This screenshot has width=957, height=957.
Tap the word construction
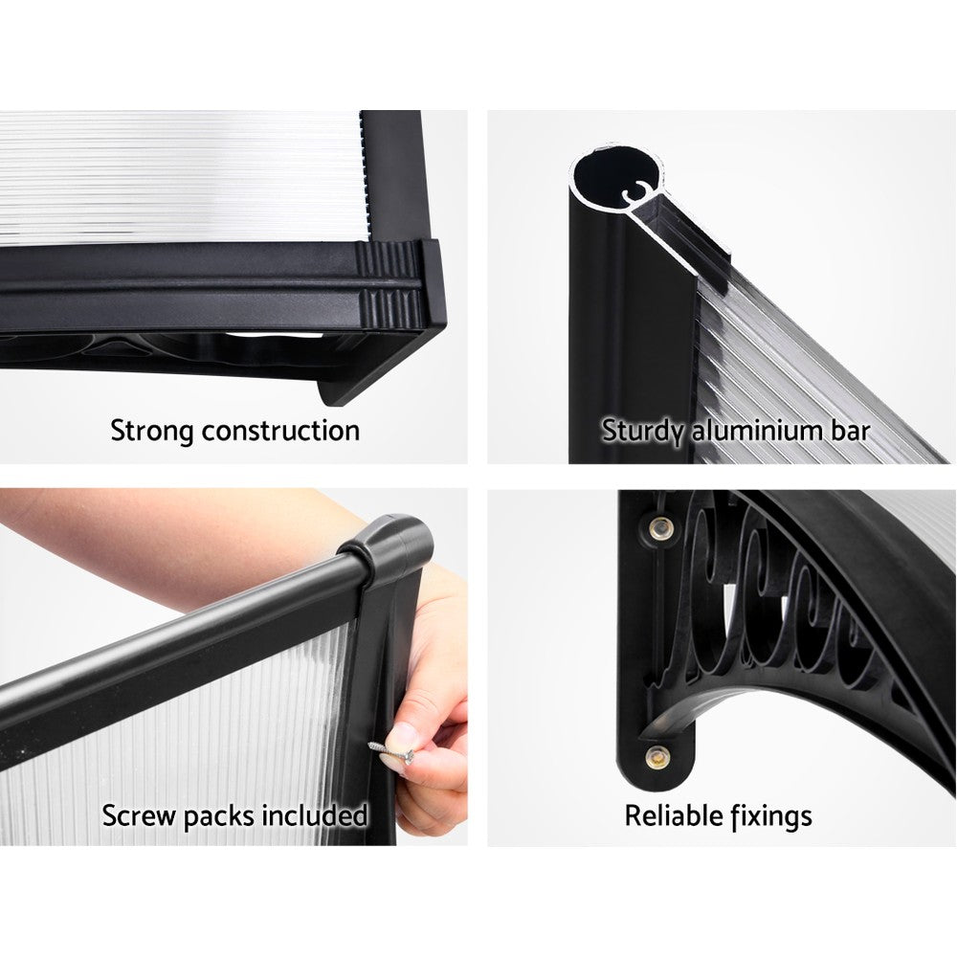tap(284, 431)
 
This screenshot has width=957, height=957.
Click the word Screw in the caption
tap(137, 816)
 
